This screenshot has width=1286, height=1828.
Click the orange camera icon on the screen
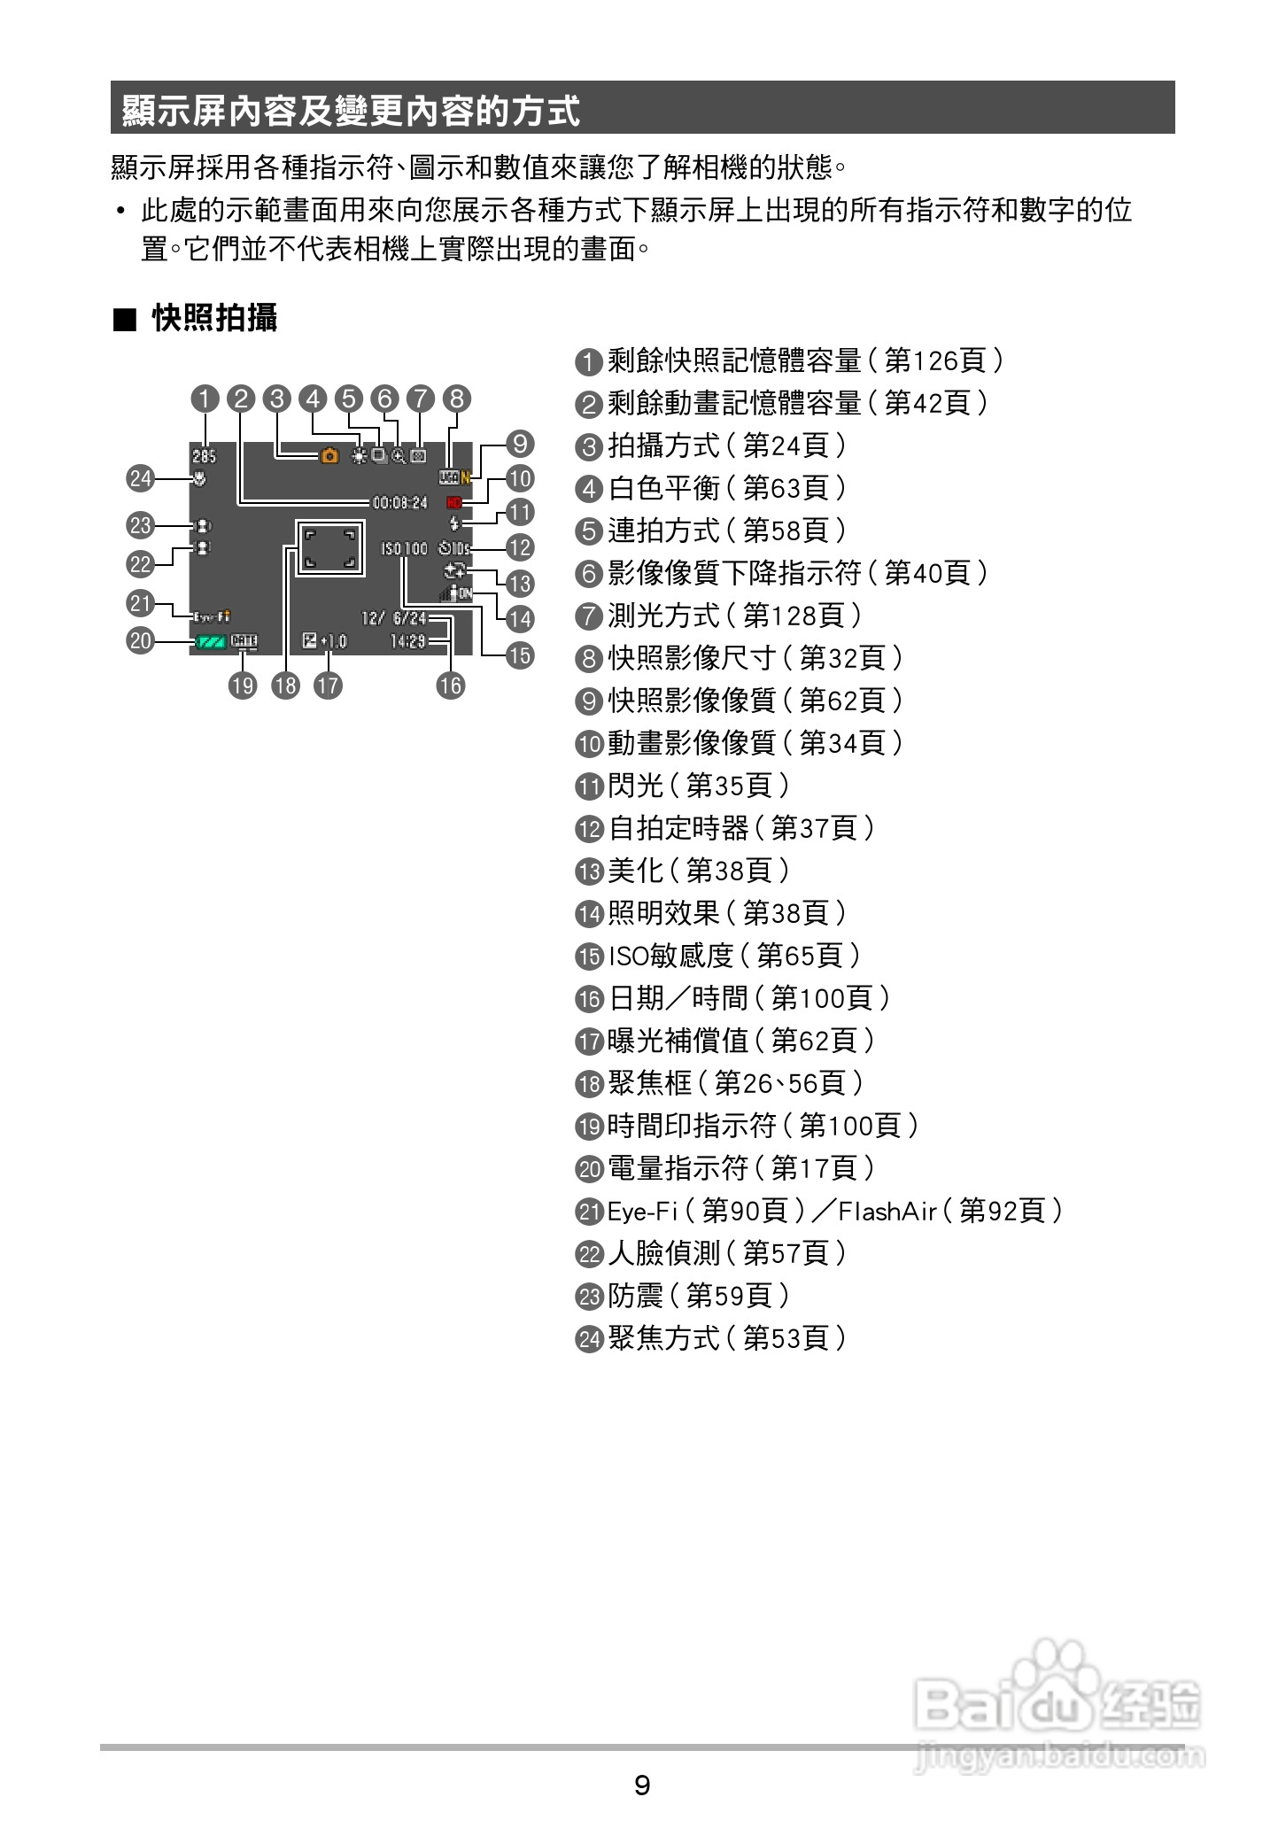click(x=329, y=456)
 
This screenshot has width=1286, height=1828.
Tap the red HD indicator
click(x=455, y=502)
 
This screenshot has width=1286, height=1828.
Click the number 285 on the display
click(x=204, y=456)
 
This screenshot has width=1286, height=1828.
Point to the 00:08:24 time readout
click(x=399, y=502)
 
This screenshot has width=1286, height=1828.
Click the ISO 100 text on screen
click(x=405, y=549)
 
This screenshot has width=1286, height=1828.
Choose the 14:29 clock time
click(x=407, y=641)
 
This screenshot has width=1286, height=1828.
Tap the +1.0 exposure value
click(x=334, y=641)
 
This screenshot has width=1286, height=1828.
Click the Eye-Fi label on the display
click(x=211, y=616)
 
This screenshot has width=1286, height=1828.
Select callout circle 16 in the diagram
click(x=451, y=685)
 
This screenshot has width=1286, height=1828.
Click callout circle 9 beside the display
click(x=520, y=443)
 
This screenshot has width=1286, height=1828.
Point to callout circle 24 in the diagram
click(x=141, y=479)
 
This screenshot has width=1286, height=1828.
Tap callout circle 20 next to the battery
click(x=141, y=640)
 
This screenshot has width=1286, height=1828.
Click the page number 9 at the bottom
click(x=642, y=1784)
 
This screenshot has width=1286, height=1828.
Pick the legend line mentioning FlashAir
click(x=819, y=1211)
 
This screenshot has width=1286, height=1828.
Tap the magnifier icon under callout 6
click(x=399, y=456)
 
